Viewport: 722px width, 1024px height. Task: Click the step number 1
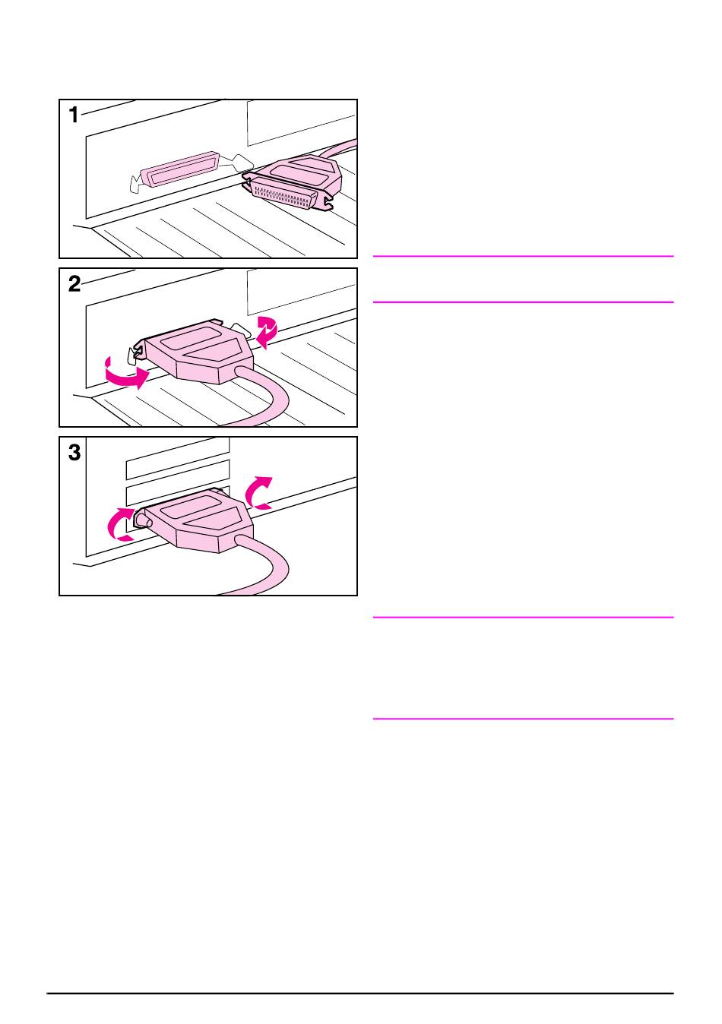pos(74,116)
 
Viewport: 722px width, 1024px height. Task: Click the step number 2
pos(74,285)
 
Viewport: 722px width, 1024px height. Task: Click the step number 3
pos(74,454)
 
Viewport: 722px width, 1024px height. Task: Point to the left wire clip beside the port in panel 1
pos(136,183)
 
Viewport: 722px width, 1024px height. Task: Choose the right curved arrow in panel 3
pos(258,492)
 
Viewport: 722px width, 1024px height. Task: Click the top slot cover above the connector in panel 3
pos(176,453)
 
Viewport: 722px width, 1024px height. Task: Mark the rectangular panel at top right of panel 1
pos(301,122)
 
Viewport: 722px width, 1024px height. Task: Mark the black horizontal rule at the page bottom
pos(360,993)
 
